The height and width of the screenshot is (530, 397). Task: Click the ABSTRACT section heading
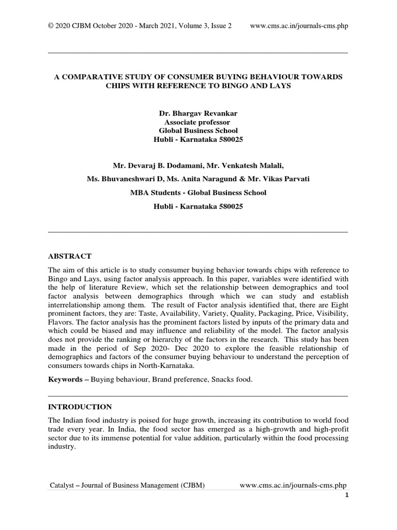click(x=69, y=256)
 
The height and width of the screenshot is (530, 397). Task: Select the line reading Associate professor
click(x=198, y=122)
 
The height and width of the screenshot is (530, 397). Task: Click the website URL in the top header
click(x=299, y=26)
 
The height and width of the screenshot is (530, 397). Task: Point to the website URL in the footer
click(x=294, y=485)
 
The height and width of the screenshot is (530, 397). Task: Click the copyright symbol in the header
click(x=51, y=26)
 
